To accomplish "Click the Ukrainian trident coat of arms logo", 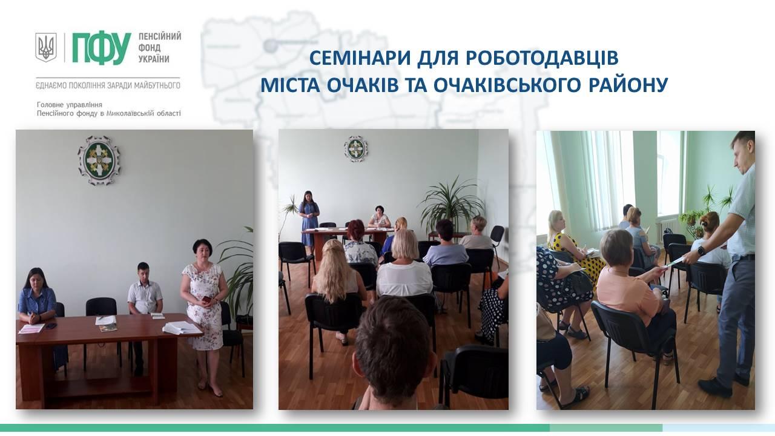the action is [x=46, y=47].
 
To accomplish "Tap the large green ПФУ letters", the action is [x=102, y=49].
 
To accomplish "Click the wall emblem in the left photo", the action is [x=99, y=160].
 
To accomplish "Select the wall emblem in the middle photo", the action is [x=355, y=149].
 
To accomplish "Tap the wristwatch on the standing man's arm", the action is [x=701, y=251].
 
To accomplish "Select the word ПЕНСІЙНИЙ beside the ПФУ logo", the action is [x=160, y=37].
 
